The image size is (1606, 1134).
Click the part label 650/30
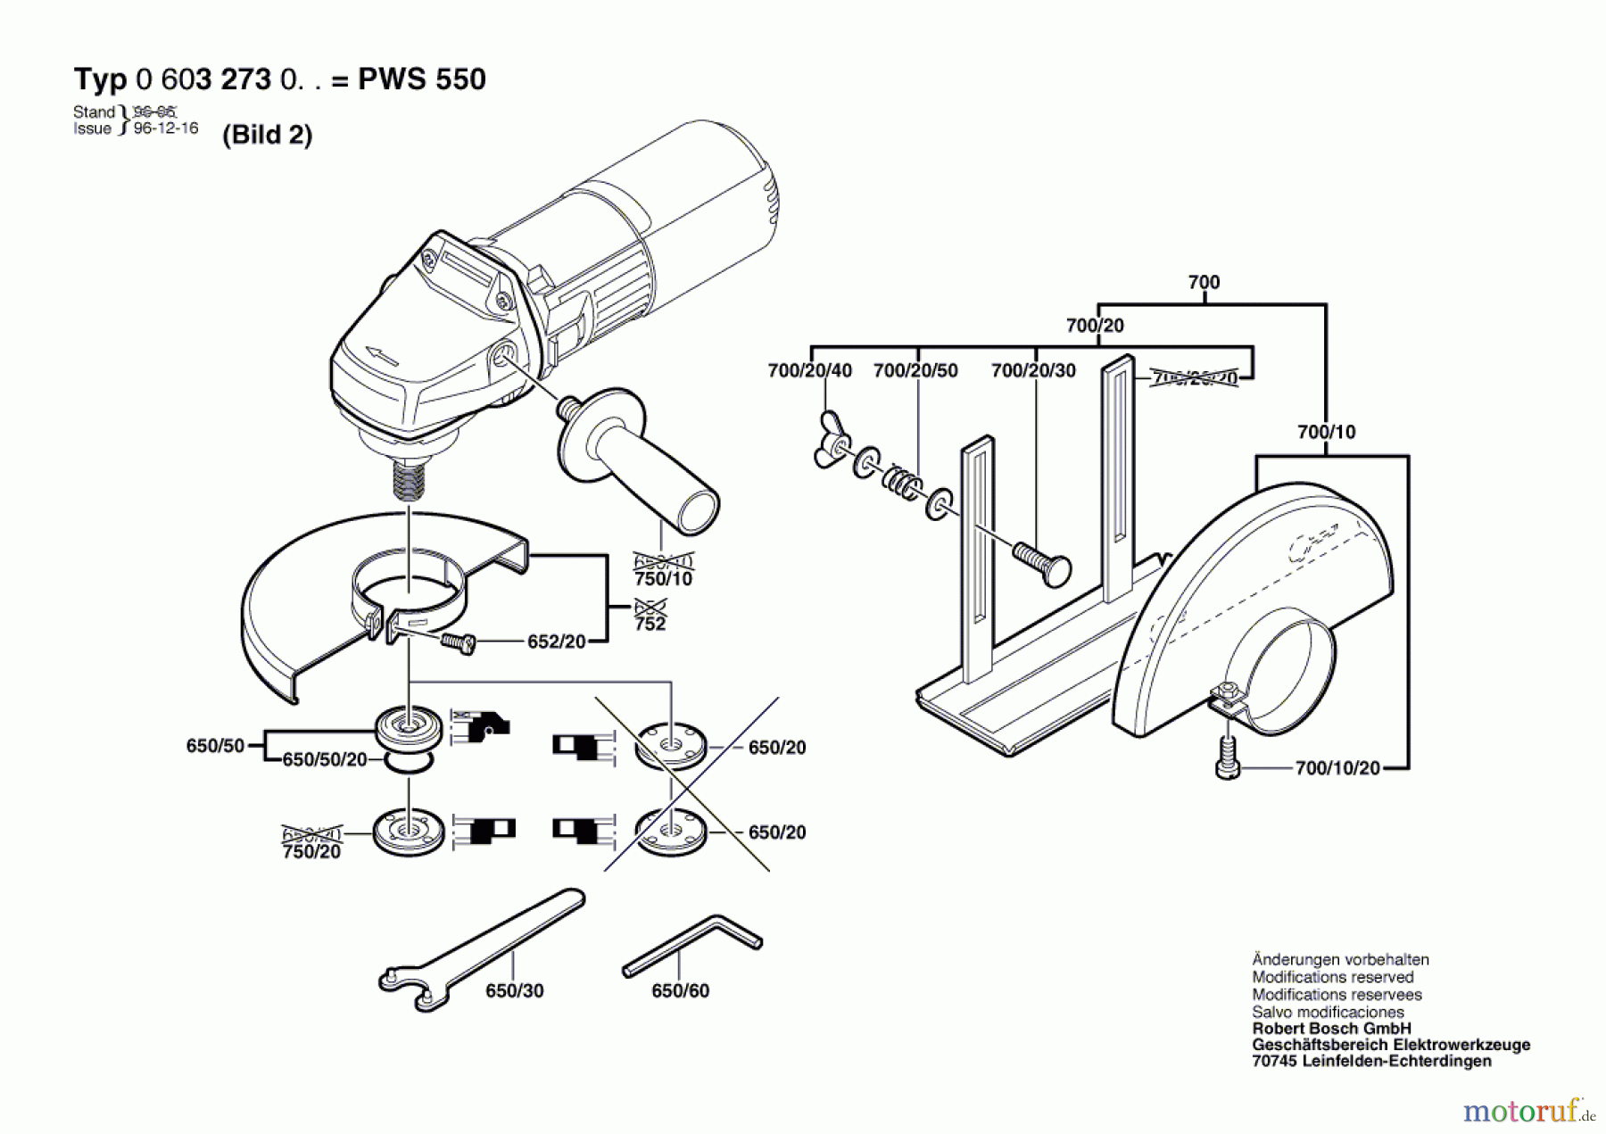click(514, 991)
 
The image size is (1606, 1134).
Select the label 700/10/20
click(1337, 768)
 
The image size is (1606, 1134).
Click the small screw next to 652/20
click(459, 641)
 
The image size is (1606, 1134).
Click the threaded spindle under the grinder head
click(409, 482)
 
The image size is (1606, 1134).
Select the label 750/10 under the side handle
click(663, 579)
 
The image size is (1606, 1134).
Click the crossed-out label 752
click(650, 617)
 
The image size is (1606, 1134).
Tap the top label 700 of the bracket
click(1203, 282)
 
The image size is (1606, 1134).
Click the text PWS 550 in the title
click(421, 79)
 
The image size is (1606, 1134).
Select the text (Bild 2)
click(267, 135)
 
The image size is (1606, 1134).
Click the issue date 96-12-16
click(166, 128)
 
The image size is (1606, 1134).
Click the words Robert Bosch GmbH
click(1331, 1029)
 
